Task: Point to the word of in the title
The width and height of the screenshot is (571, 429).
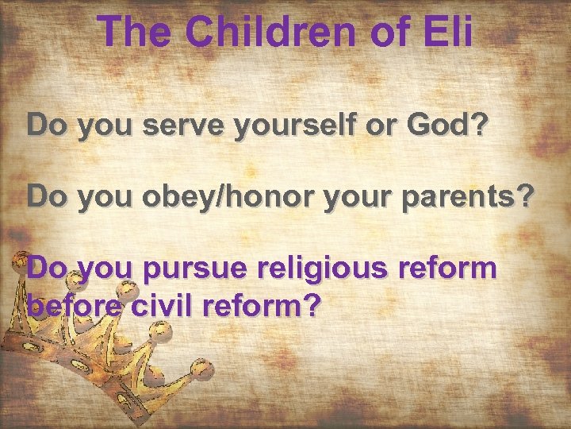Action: (386, 33)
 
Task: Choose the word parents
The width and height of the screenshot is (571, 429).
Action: (474, 198)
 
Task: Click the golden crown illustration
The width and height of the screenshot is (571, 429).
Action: (79, 357)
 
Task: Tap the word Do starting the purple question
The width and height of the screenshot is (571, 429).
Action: (45, 269)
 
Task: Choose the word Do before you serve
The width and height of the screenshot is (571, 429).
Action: (45, 125)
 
